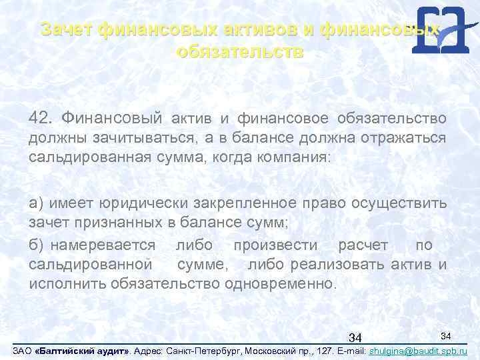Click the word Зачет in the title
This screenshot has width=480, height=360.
(x=65, y=30)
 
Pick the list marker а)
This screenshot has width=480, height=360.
(x=37, y=203)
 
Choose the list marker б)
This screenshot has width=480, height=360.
(x=37, y=245)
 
